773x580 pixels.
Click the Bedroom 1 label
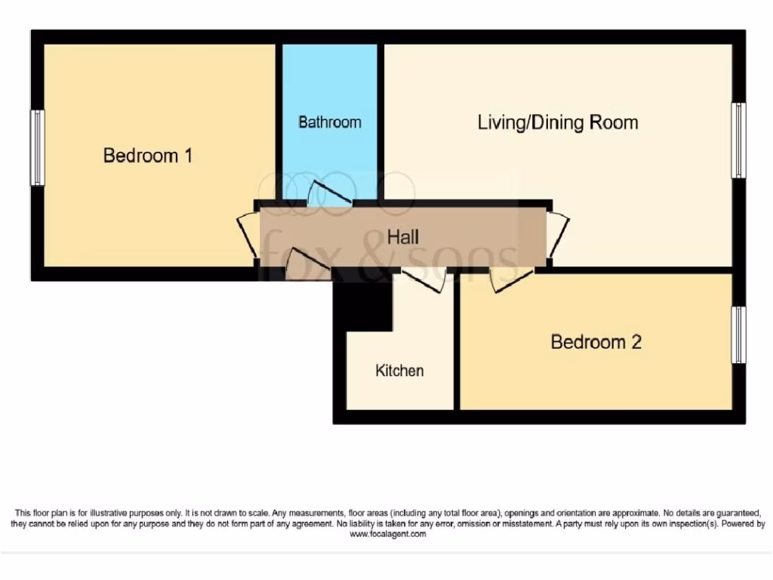(x=148, y=156)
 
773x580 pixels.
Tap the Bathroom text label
(x=329, y=122)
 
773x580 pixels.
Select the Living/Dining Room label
(x=558, y=122)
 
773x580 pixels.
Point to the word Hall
(x=403, y=237)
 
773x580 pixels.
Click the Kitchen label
(x=399, y=371)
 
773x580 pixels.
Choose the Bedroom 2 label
(x=596, y=342)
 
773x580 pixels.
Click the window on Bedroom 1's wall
(x=37, y=148)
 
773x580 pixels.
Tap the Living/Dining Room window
(x=739, y=140)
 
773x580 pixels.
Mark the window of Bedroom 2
(x=739, y=335)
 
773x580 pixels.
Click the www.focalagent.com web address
(x=388, y=534)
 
